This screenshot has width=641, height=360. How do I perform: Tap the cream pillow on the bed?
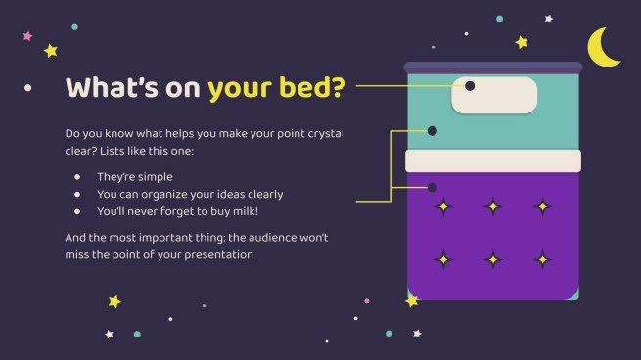[x=494, y=95]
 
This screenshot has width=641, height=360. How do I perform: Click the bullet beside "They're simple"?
[x=77, y=176]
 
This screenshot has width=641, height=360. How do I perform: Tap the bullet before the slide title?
[x=28, y=88]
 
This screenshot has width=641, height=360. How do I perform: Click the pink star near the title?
[x=27, y=36]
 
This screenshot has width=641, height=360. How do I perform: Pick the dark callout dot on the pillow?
[x=470, y=86]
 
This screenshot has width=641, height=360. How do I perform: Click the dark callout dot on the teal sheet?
[x=432, y=130]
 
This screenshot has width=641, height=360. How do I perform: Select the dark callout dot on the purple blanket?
[x=432, y=186]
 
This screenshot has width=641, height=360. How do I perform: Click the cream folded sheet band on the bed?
[x=493, y=160]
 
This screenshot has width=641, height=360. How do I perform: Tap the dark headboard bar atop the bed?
[x=493, y=67]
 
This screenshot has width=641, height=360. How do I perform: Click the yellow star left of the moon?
[x=522, y=42]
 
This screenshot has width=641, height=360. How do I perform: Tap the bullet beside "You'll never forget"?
[x=77, y=210]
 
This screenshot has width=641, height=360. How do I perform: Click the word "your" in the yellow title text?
[x=240, y=87]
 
